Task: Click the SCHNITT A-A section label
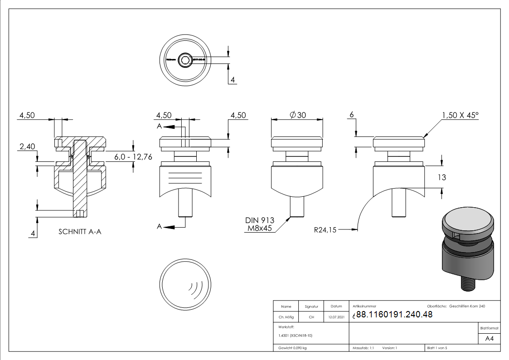[80, 232]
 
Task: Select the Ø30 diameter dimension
[297, 115]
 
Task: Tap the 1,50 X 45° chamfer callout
[460, 115]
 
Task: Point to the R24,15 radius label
[325, 230]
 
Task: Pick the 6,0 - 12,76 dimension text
[132, 156]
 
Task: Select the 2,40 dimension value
[27, 146]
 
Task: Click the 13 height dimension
[441, 177]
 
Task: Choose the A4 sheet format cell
[490, 339]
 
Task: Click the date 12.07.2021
[336, 317]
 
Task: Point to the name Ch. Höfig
[286, 317]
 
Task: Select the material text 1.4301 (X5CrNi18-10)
[296, 336]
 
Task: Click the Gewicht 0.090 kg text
[293, 348]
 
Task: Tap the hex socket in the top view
[185, 60]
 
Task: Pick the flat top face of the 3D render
[467, 223]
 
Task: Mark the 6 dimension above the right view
[351, 115]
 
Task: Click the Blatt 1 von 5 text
[437, 348]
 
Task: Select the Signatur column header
[311, 306]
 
